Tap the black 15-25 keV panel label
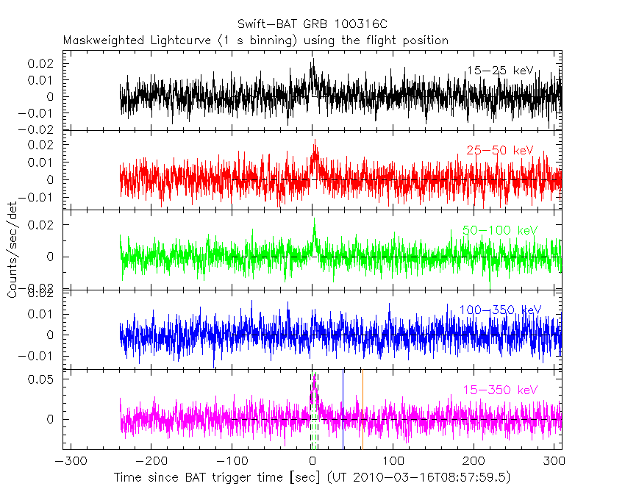pyautogui.click(x=499, y=71)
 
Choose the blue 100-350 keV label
pyautogui.click(x=500, y=310)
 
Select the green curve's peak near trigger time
pyautogui.click(x=314, y=220)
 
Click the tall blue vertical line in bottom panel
pyautogui.click(x=343, y=408)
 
